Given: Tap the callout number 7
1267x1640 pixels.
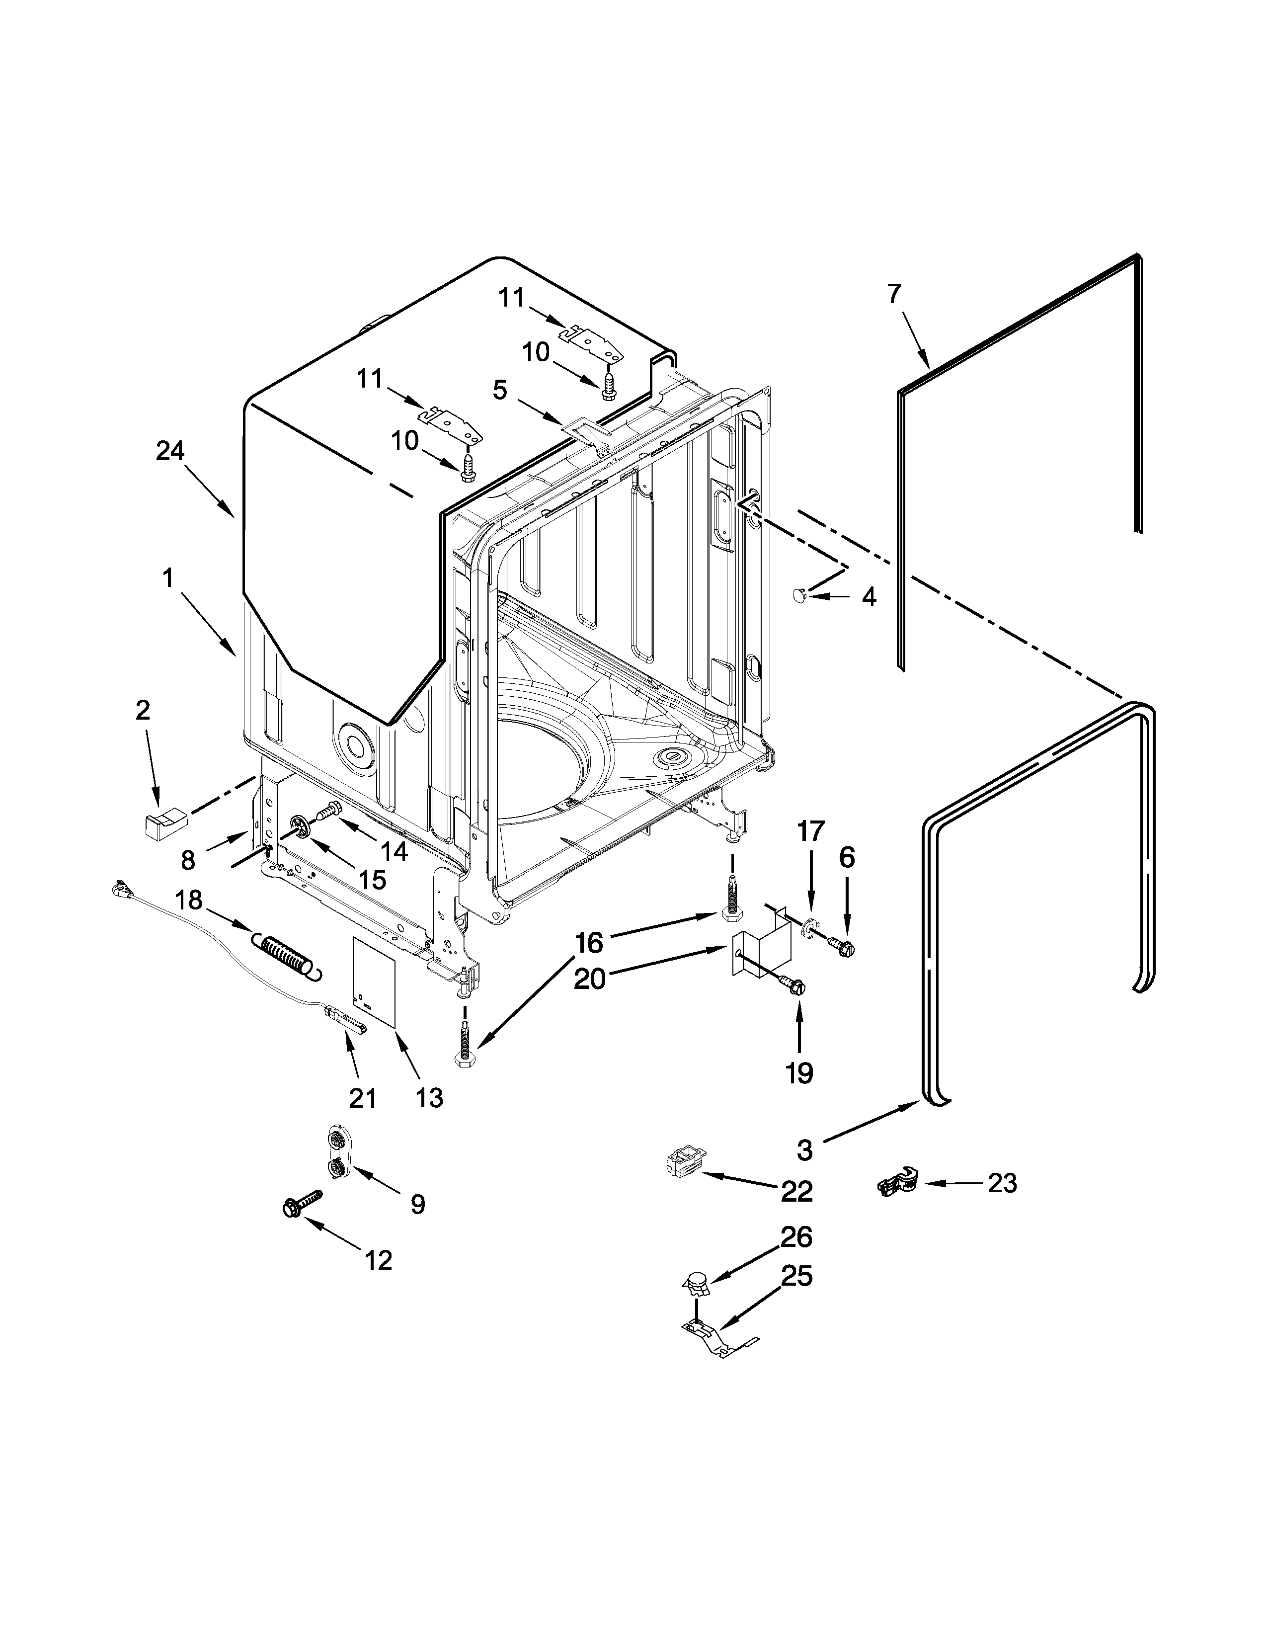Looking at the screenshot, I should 893,294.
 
